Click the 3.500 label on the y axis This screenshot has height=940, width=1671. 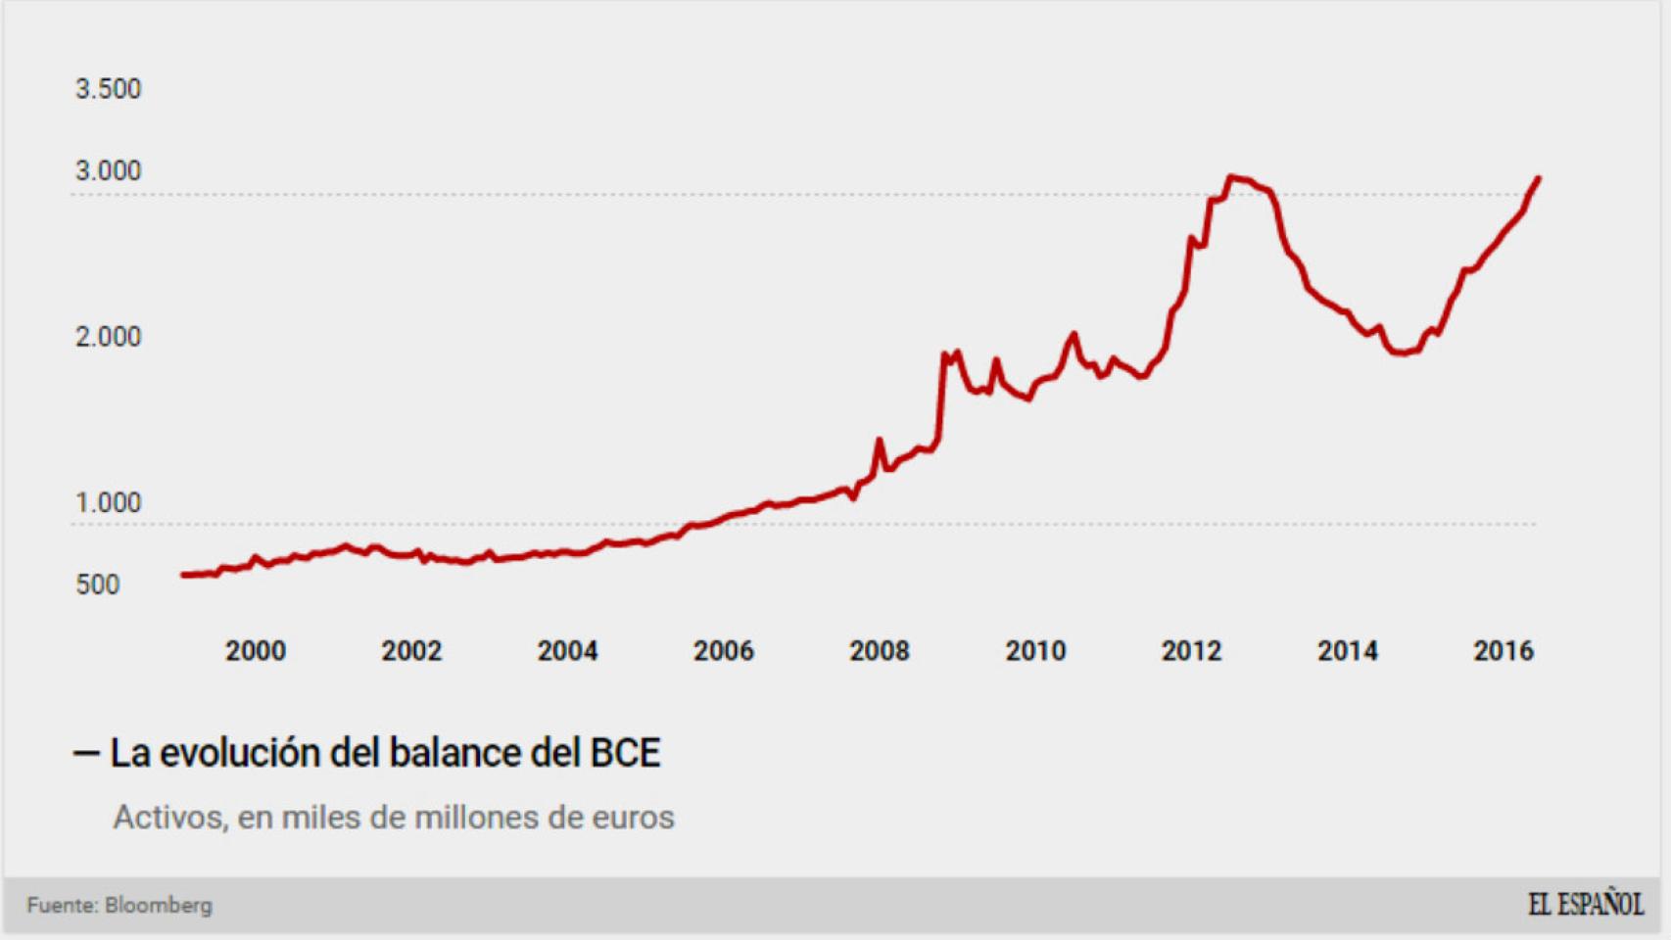[x=108, y=89]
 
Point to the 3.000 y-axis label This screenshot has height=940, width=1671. [x=108, y=171]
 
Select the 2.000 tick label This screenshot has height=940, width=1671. [x=108, y=337]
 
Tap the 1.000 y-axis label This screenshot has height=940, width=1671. [x=108, y=503]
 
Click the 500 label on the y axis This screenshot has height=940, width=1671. [x=97, y=585]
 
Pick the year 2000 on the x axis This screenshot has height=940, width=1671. [x=256, y=651]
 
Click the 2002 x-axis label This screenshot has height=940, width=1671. [x=411, y=651]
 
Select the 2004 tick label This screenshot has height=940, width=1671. [x=567, y=651]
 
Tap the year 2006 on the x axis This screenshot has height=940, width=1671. [x=724, y=651]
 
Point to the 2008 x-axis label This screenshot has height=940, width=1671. [x=880, y=651]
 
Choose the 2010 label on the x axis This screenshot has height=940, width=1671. [x=1035, y=651]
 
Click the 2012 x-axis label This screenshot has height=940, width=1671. [x=1191, y=651]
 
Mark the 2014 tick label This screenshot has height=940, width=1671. [x=1348, y=651]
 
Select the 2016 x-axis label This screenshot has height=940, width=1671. [x=1504, y=651]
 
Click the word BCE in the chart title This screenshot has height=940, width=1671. [x=625, y=753]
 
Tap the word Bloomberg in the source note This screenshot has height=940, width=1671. [x=159, y=906]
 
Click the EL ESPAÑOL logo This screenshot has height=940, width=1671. [x=1585, y=905]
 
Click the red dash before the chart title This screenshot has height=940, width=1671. [x=86, y=754]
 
